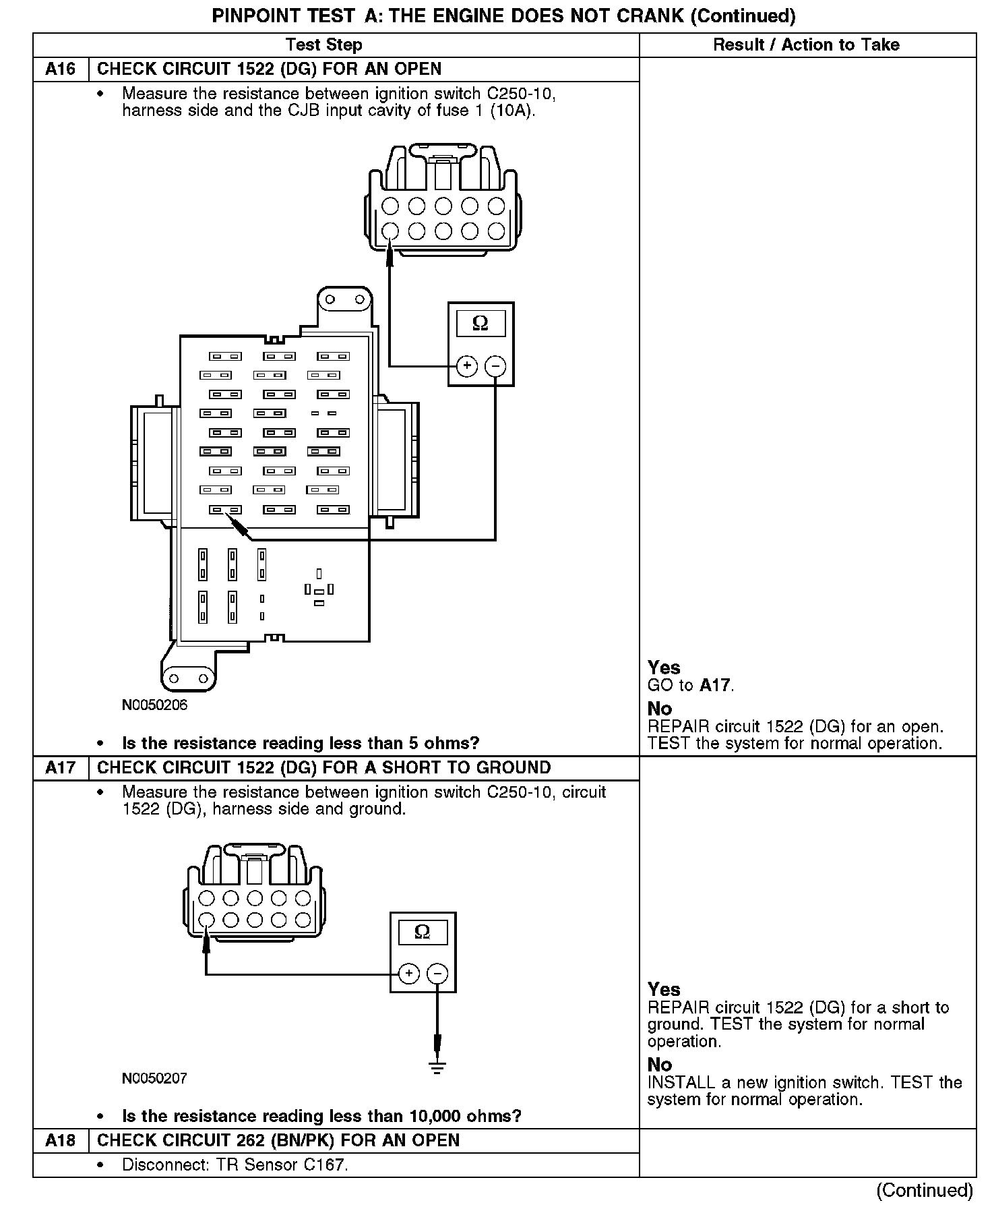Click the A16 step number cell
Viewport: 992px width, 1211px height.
pos(61,69)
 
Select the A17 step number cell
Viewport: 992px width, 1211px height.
pos(61,767)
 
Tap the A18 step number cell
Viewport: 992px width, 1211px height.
pos(61,1140)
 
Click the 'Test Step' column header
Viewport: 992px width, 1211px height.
pos(323,45)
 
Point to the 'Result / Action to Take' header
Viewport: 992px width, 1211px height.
pos(806,45)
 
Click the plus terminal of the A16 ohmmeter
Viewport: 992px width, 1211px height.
pos(466,366)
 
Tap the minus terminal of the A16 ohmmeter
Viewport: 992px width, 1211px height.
pos(495,366)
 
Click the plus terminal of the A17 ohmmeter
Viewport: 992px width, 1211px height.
pos(408,974)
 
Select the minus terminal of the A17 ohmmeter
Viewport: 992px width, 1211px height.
pos(437,974)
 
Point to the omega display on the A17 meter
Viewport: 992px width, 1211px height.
pos(423,933)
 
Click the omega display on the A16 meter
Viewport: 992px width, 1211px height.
pos(480,324)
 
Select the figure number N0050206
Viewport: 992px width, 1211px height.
pos(154,705)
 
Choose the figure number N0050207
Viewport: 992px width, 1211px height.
pos(154,1078)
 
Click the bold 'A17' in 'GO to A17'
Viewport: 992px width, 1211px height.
pos(714,686)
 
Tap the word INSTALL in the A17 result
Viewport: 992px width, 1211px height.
pos(681,1083)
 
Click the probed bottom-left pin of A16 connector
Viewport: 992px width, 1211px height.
pos(390,231)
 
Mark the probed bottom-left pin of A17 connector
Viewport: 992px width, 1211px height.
pos(207,920)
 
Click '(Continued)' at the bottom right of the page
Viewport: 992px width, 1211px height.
pos(924,1190)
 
